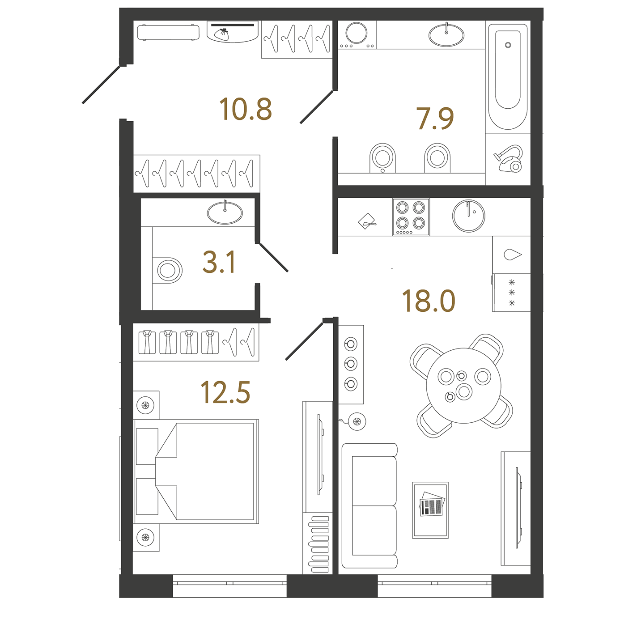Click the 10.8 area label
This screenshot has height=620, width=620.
246,110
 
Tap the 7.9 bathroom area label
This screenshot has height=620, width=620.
435,119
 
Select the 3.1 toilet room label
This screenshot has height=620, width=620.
220,262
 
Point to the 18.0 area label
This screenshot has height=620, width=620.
429,301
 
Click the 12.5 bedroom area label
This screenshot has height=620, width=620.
225,392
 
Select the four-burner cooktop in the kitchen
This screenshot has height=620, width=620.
411,217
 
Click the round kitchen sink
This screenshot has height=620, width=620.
468,216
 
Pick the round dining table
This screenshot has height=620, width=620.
463,386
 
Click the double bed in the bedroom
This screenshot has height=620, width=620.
196,471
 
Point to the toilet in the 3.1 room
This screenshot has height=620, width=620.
167,270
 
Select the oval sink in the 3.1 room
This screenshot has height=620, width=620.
225,212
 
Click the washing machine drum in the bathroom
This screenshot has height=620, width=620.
356,33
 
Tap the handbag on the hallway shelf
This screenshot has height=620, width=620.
221,34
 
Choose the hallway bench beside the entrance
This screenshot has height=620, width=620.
168,32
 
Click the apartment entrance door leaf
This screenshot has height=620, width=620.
101,85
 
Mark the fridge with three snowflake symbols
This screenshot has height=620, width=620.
511,293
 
